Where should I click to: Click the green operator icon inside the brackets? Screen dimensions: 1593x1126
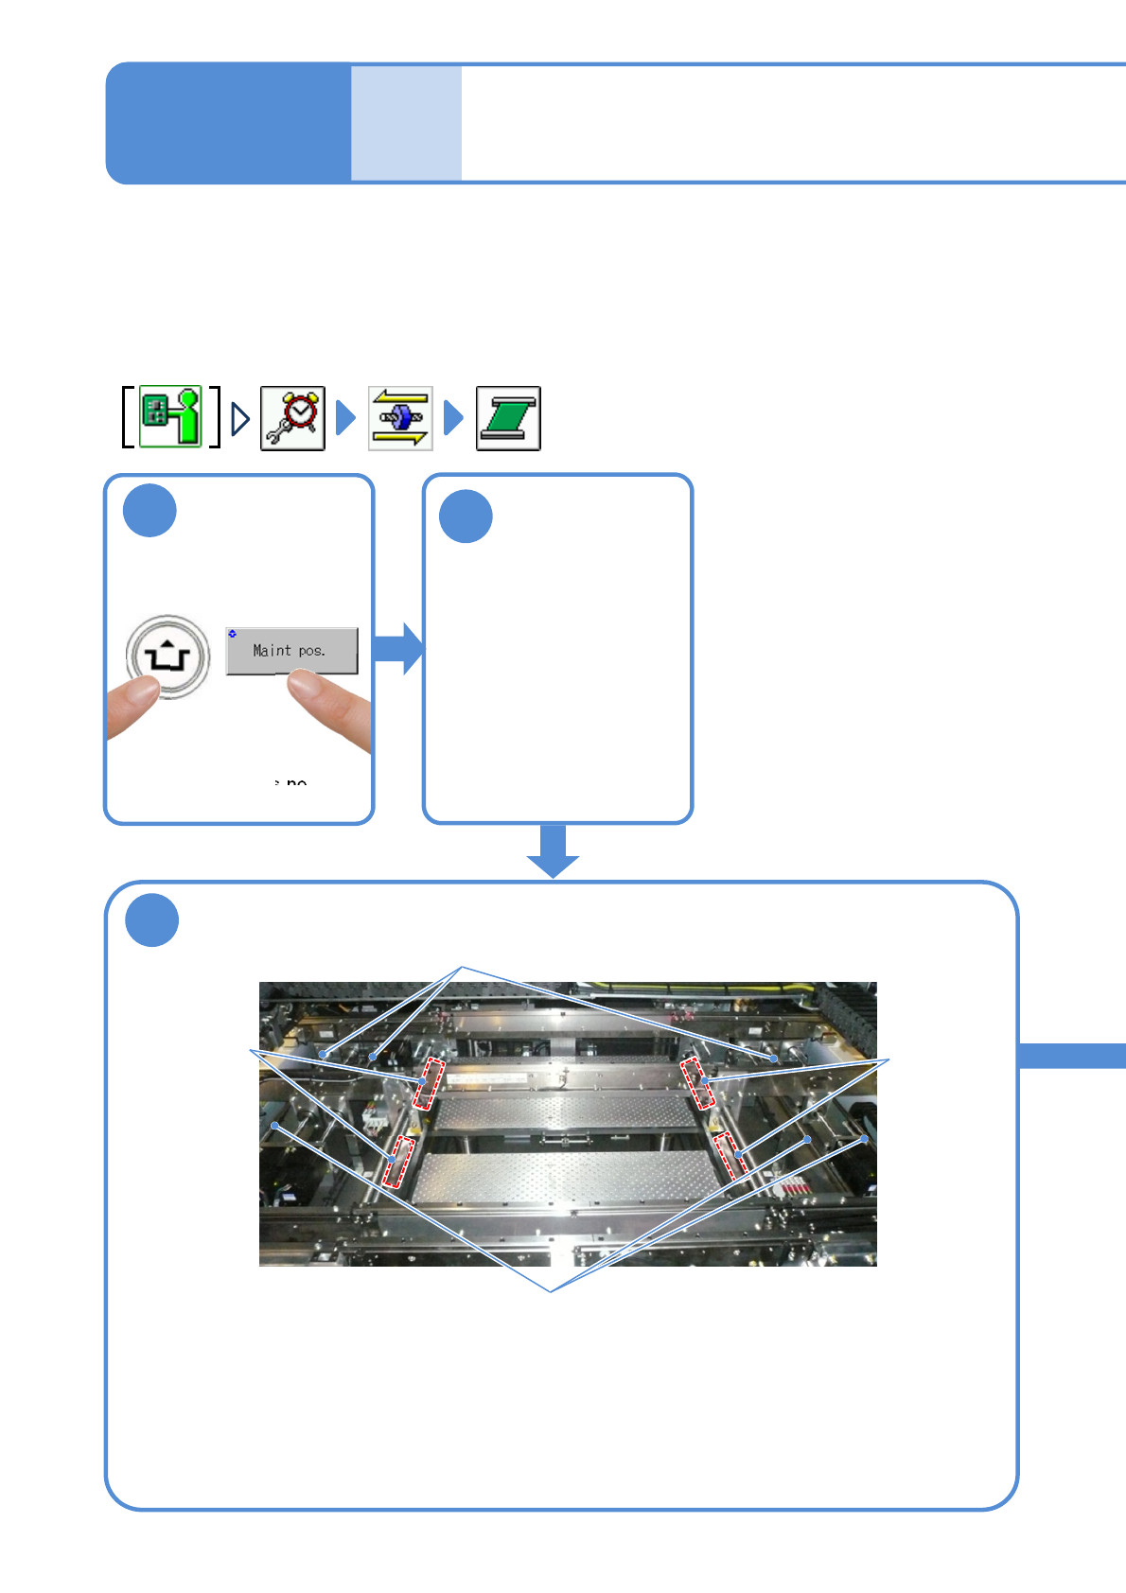click(171, 416)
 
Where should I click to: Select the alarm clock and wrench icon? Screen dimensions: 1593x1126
click(293, 418)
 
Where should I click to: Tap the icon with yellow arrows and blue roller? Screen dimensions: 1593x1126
click(400, 418)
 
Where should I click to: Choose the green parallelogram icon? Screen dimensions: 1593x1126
click(508, 418)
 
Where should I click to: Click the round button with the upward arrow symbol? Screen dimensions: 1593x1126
click(167, 656)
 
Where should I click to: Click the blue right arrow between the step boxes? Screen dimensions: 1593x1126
click(398, 649)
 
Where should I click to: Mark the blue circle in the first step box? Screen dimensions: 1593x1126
click(150, 511)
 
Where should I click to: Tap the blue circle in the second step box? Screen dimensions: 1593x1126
click(466, 516)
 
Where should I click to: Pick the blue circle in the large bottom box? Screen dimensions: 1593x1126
click(151, 919)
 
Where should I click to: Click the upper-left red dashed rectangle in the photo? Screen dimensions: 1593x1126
click(429, 1084)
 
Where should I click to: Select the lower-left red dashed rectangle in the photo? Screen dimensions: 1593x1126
click(398, 1163)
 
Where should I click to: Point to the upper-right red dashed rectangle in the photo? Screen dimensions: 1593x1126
click(698, 1084)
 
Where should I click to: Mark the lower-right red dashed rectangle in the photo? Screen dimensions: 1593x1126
click(730, 1155)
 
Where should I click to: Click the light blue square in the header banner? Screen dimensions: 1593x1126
click(406, 123)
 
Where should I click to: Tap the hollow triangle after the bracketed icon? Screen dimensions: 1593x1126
click(240, 418)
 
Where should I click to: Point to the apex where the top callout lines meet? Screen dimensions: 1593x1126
click(462, 967)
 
